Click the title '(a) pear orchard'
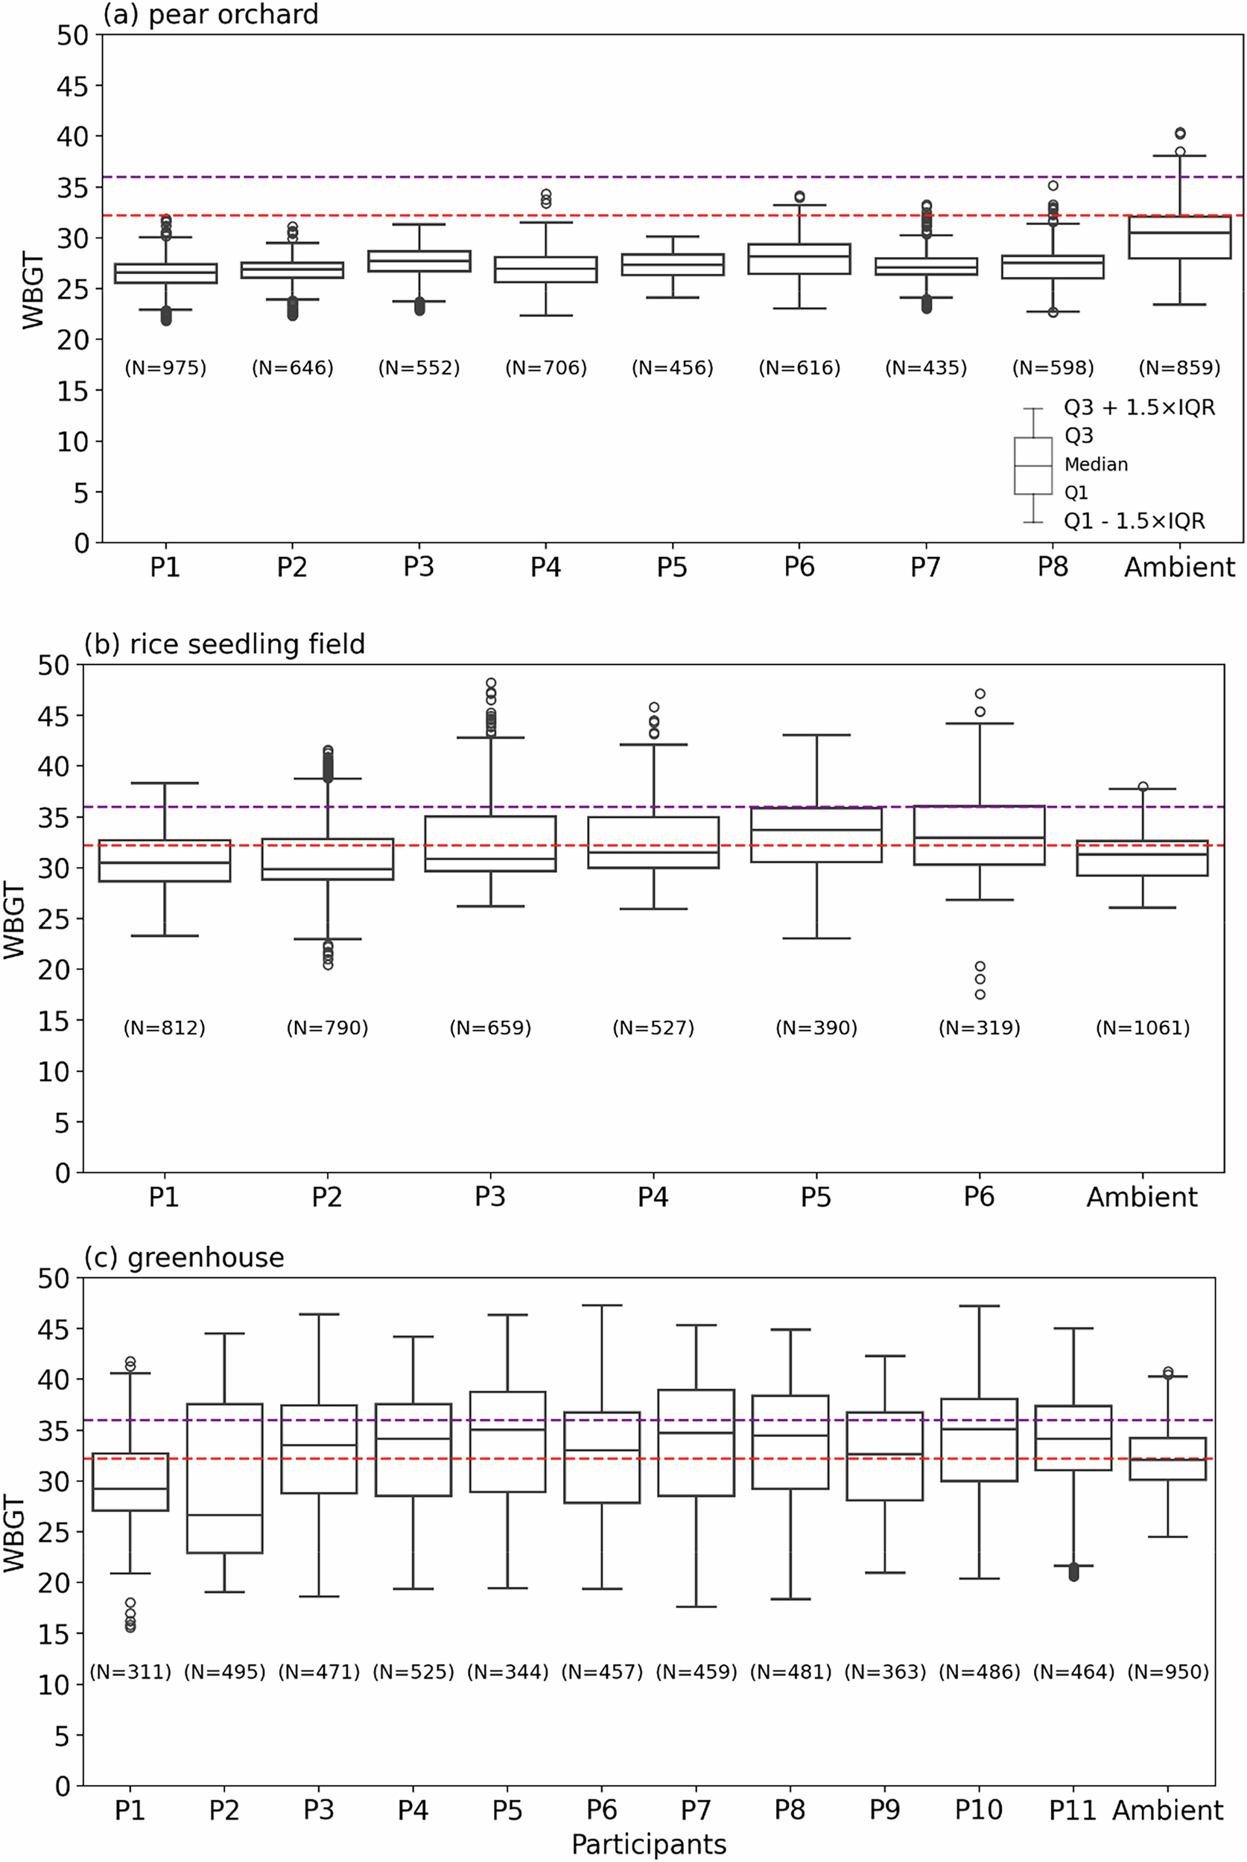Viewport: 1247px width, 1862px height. tap(210, 14)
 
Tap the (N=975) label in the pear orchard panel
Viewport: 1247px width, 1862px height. tap(165, 368)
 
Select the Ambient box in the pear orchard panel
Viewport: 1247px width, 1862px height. tap(1179, 237)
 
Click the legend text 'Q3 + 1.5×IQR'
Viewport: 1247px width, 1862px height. tap(1139, 408)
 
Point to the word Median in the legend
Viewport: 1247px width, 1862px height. tap(1096, 464)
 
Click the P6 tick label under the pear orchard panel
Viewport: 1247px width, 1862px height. tap(799, 568)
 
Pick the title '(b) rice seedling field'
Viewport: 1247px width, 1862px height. tap(224, 644)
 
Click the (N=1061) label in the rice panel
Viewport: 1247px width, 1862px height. tap(1142, 1028)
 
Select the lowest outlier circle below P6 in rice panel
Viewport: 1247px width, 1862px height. tap(980, 994)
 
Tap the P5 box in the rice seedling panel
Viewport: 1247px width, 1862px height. tap(816, 835)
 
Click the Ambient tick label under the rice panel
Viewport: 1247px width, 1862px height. tap(1142, 1198)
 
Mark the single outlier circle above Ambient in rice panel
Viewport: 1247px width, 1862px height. tap(1143, 787)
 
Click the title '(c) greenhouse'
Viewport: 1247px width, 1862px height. tap(184, 1258)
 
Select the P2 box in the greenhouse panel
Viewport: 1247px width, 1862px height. tap(224, 1477)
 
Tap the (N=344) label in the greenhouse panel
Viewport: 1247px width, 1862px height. tap(508, 1673)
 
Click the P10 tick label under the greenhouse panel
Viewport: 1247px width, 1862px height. tap(978, 1811)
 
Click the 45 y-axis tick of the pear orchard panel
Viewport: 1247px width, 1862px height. tap(72, 86)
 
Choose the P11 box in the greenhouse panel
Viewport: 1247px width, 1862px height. tap(1073, 1437)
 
